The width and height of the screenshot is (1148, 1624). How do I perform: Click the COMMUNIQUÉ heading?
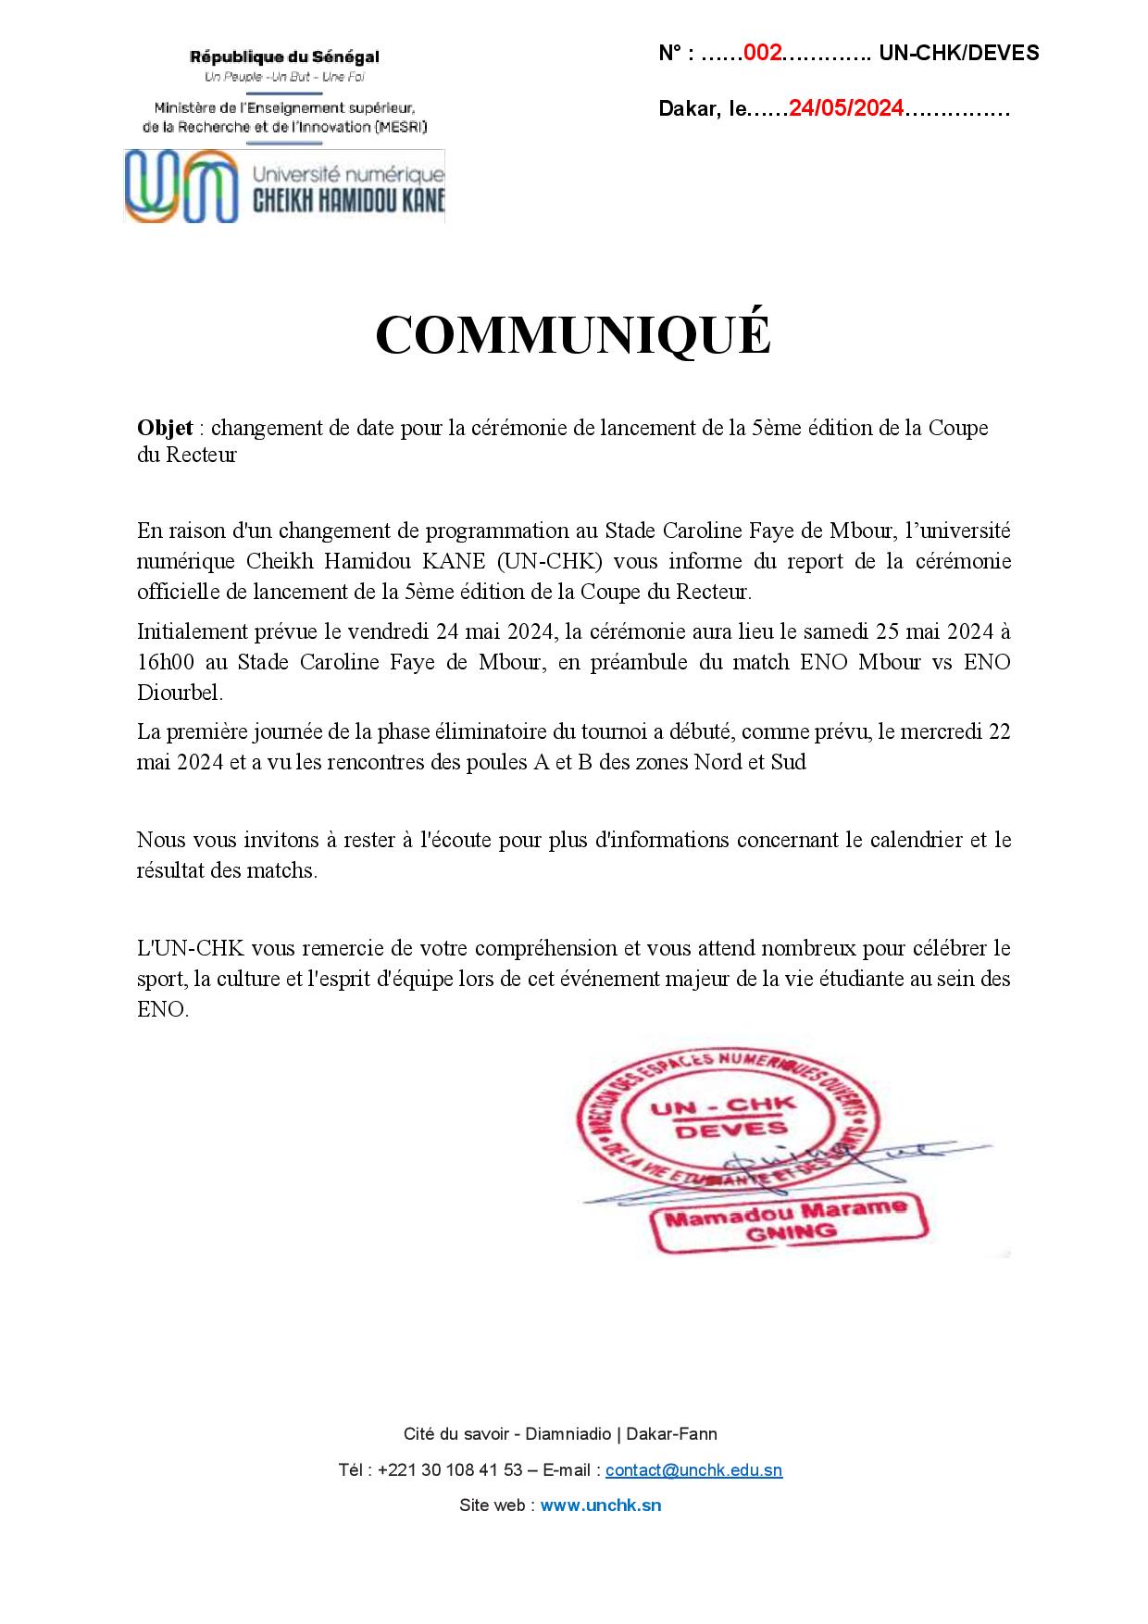[573, 335]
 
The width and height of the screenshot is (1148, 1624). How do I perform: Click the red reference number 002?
[763, 54]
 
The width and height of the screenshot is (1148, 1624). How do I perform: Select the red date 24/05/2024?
[845, 109]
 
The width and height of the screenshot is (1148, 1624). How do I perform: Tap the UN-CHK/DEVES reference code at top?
[958, 54]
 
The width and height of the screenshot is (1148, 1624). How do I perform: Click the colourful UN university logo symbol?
[179, 186]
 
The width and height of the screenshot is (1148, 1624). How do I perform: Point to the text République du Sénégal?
[284, 57]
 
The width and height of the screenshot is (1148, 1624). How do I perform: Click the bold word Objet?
[165, 428]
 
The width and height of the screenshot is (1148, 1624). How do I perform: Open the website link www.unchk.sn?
[600, 1505]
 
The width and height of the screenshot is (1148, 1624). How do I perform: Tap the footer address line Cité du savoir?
[560, 1434]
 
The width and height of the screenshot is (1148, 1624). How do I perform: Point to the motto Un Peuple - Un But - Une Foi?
[284, 76]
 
